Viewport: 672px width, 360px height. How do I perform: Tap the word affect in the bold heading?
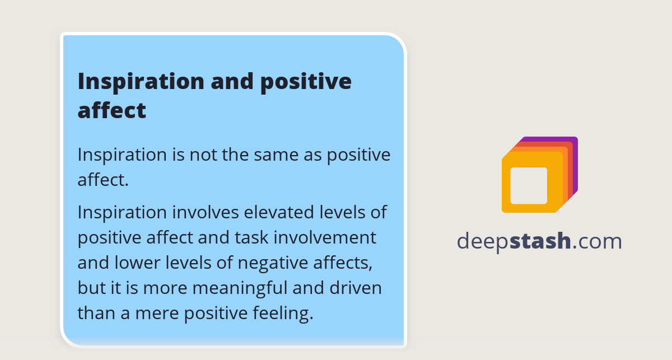click(111, 110)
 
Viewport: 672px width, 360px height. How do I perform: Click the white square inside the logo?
click(529, 185)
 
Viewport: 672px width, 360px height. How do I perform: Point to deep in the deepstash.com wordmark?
click(483, 241)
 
